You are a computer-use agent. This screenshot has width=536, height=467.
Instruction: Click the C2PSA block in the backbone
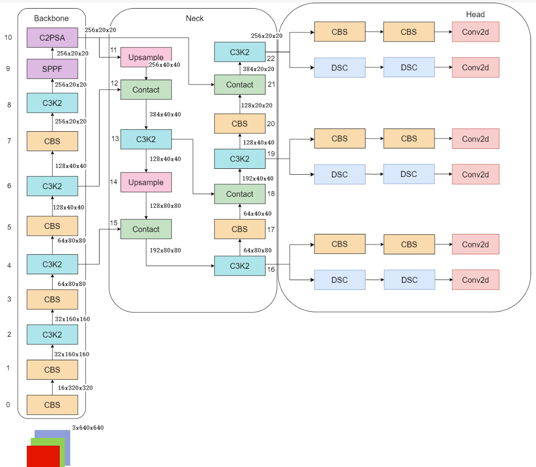pyautogui.click(x=52, y=38)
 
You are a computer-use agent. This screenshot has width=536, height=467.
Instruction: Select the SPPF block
pyautogui.click(x=52, y=69)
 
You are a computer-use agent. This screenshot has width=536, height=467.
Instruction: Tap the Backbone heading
pyautogui.click(x=52, y=19)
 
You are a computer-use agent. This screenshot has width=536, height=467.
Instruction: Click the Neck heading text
pyautogui.click(x=194, y=19)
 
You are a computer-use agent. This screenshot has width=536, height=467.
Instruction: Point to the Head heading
pyautogui.click(x=475, y=14)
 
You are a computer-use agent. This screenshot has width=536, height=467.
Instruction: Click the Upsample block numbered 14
pyautogui.click(x=146, y=182)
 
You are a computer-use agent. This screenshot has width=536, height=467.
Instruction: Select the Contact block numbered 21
pyautogui.click(x=240, y=85)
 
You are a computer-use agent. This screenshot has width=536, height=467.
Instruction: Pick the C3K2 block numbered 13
pyautogui.click(x=146, y=139)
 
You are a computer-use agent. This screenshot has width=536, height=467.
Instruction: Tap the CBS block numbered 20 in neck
pyautogui.click(x=240, y=124)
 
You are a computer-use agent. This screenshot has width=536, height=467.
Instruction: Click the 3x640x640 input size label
pyautogui.click(x=88, y=428)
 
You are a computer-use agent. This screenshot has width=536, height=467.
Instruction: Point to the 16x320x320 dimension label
pyautogui.click(x=75, y=388)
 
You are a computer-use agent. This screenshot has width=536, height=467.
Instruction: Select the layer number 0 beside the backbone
pyautogui.click(x=8, y=405)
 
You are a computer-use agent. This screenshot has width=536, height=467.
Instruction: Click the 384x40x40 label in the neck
pyautogui.click(x=165, y=114)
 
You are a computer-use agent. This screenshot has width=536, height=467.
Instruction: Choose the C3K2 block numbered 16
pyautogui.click(x=240, y=266)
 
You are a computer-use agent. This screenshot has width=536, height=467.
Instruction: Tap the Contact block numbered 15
pyautogui.click(x=146, y=229)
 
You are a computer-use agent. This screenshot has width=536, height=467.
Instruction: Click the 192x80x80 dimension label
pyautogui.click(x=165, y=250)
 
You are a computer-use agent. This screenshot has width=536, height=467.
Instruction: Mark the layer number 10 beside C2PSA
pyautogui.click(x=8, y=37)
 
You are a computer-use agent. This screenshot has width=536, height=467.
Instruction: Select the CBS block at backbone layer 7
pyautogui.click(x=52, y=141)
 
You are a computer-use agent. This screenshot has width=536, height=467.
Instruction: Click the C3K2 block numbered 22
pyautogui.click(x=240, y=52)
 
